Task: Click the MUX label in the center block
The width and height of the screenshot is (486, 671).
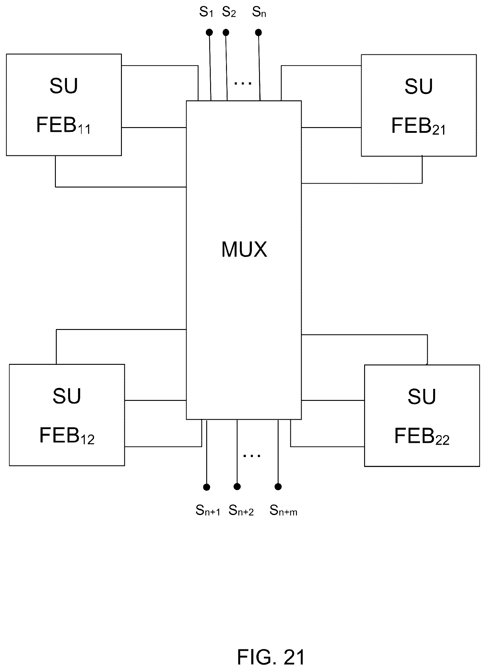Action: pyautogui.click(x=244, y=249)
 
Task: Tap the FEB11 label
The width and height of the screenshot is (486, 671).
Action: pyautogui.click(x=63, y=125)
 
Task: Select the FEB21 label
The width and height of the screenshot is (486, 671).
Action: pyautogui.click(x=418, y=126)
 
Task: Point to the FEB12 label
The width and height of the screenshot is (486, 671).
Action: pyautogui.click(x=67, y=436)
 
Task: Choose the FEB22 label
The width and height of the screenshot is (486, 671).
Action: pyautogui.click(x=421, y=436)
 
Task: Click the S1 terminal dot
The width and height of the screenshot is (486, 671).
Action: pyautogui.click(x=210, y=32)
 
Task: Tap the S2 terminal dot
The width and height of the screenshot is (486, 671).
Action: pyautogui.click(x=226, y=32)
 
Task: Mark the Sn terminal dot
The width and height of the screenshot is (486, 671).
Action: pyautogui.click(x=258, y=32)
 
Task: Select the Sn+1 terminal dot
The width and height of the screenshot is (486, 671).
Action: pyautogui.click(x=207, y=487)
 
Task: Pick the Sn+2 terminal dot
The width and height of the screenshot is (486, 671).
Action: pyautogui.click(x=237, y=486)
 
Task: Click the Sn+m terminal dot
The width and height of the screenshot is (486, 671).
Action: pyautogui.click(x=278, y=486)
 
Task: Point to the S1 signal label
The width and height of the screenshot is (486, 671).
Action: pyautogui.click(x=206, y=12)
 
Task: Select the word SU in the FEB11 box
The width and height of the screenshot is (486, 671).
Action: pyautogui.click(x=64, y=86)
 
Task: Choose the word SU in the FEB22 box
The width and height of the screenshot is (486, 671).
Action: pyautogui.click(x=421, y=397)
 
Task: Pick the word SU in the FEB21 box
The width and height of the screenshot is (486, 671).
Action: pyautogui.click(x=418, y=87)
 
